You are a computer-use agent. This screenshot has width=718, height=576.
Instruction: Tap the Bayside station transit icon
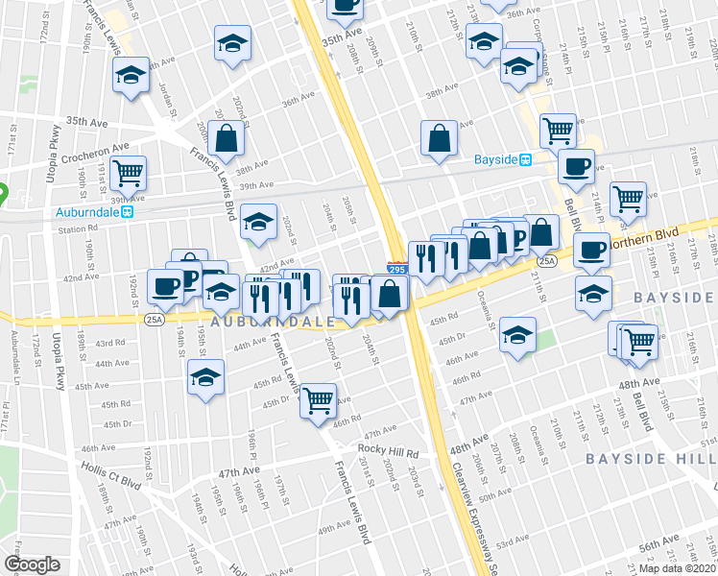(x=526, y=159)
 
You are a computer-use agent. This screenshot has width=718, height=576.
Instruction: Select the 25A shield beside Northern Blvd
(x=547, y=260)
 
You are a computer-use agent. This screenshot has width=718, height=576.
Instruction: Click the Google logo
(x=32, y=564)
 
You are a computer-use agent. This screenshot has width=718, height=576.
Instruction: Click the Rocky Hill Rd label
(x=389, y=451)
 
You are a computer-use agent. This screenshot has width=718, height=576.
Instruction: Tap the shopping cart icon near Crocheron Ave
(x=128, y=172)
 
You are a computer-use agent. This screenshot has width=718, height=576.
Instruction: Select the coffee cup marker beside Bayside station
(x=576, y=165)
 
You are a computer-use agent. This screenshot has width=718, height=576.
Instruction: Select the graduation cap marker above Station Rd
(x=258, y=222)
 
